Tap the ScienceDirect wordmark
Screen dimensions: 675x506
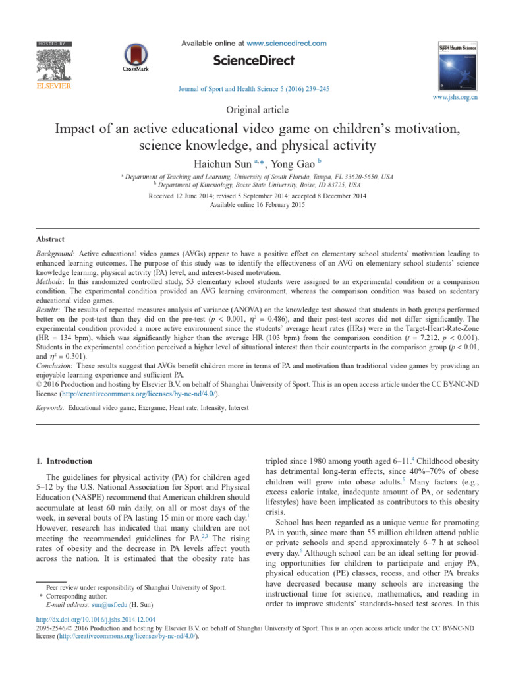click(253, 61)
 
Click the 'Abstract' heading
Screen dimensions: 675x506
click(50, 239)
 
